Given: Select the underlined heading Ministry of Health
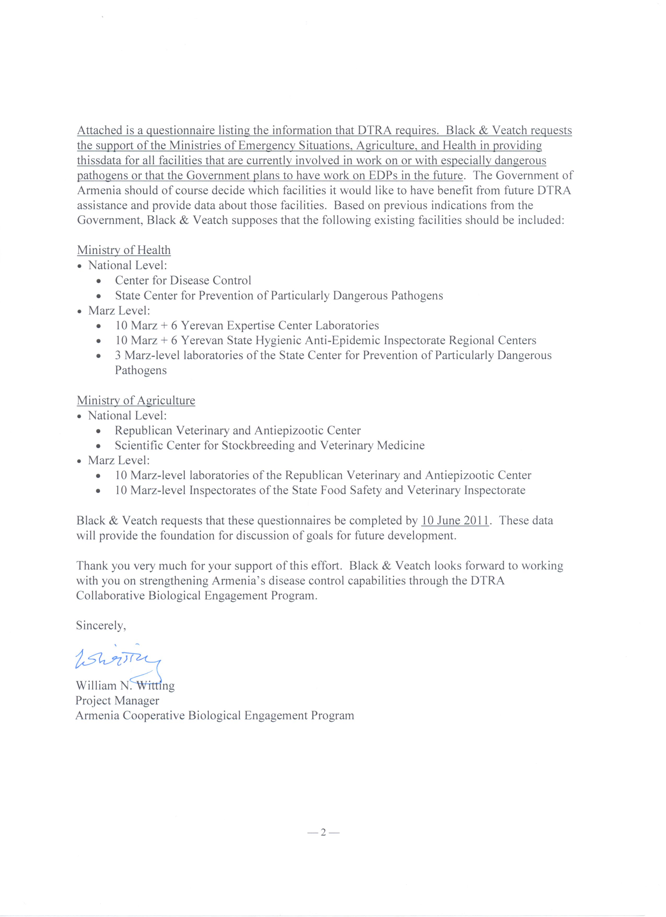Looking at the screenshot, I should point(124,250).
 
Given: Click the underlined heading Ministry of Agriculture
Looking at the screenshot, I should point(136,400).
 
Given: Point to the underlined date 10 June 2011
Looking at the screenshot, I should point(455,520).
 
